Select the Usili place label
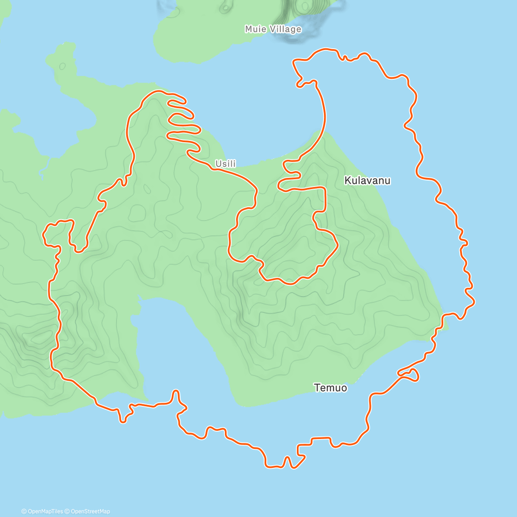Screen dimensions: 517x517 click(x=226, y=164)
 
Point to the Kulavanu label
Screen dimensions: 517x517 click(x=368, y=181)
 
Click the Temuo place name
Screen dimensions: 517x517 click(x=330, y=388)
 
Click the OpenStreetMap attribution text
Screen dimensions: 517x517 click(x=90, y=511)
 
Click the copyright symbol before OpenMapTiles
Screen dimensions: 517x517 click(x=24, y=511)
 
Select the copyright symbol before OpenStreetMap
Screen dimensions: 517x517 click(x=68, y=511)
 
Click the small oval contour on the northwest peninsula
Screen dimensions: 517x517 click(x=62, y=66)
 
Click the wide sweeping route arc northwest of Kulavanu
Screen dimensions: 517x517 click(x=323, y=112)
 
